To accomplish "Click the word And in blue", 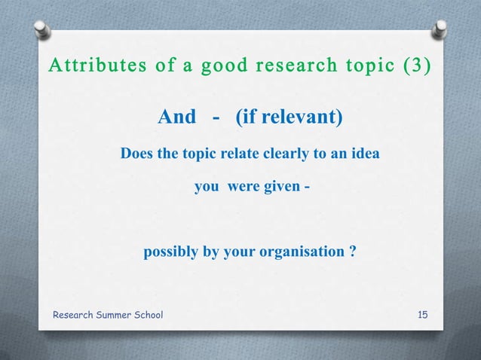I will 176,117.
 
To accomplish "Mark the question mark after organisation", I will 353,252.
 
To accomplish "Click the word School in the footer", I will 151,314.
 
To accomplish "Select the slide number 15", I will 423,314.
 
